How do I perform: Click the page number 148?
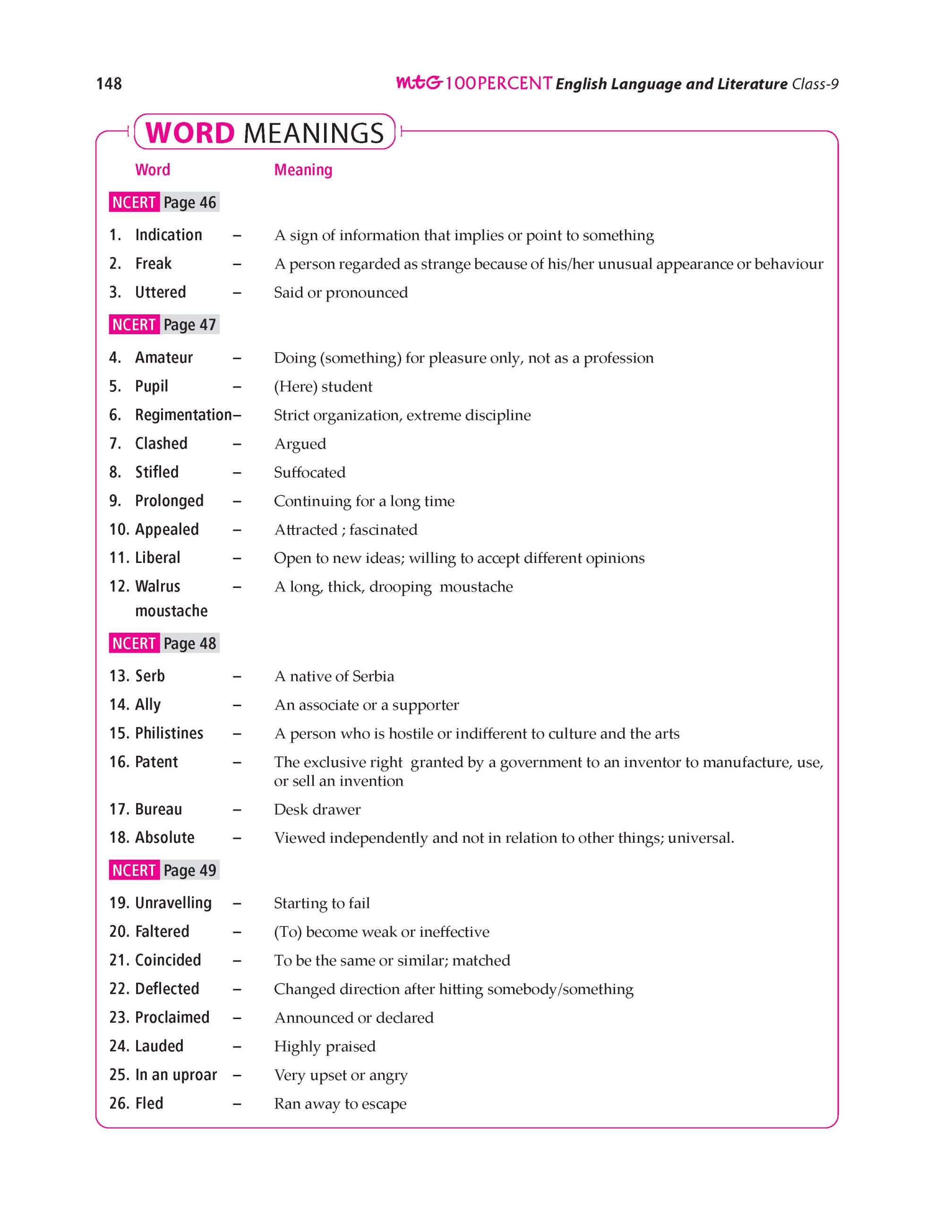[109, 83]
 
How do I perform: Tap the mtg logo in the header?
[419, 83]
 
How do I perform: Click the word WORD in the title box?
[190, 133]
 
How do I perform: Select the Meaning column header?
[303, 170]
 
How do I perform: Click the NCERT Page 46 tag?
[164, 202]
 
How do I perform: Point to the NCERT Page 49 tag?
[164, 870]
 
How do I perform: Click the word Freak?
[154, 263]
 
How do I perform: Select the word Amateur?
[164, 357]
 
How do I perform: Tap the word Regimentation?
[183, 415]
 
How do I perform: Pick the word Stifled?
[157, 472]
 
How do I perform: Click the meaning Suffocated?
[309, 472]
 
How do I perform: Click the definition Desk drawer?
[317, 810]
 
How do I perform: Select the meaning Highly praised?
[325, 1046]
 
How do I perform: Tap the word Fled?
[149, 1103]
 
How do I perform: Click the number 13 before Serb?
[119, 676]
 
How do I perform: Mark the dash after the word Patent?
[237, 762]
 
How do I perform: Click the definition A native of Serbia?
[334, 676]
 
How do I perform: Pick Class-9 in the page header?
[815, 84]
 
